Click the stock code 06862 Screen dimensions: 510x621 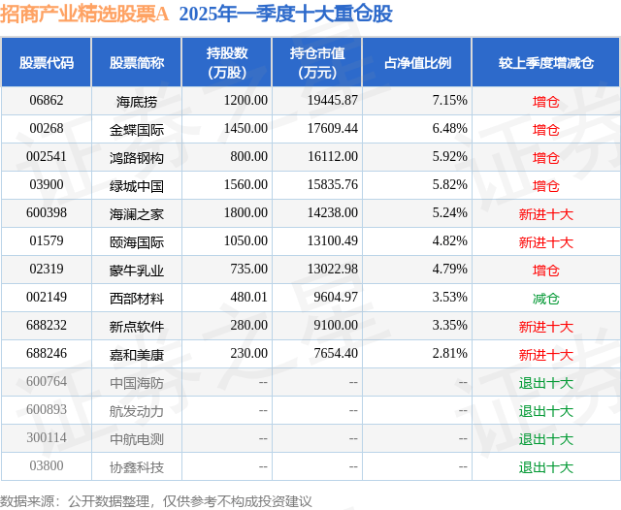coord(47,101)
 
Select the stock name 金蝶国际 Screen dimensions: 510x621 coord(137,129)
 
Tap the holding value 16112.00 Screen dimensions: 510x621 coord(330,157)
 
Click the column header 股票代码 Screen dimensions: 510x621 coord(47,63)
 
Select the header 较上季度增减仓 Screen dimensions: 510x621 coord(545,63)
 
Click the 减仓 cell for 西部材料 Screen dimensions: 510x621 coord(545,299)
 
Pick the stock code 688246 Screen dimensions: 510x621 coord(47,355)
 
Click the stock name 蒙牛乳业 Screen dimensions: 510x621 coord(137,270)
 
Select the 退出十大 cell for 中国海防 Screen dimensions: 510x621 coord(545,383)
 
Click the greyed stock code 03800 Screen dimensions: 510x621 coord(47,467)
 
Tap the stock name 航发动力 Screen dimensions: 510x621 coord(137,411)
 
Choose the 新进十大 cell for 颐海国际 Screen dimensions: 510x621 coord(545,242)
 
